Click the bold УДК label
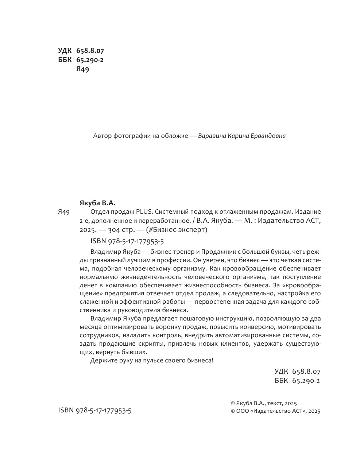tap(65, 51)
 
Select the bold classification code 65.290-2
tap(90, 60)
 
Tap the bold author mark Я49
tap(83, 69)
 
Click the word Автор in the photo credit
tap(101, 136)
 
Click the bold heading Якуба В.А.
tap(97, 202)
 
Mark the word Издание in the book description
tap(308, 211)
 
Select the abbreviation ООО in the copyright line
tap(243, 411)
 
